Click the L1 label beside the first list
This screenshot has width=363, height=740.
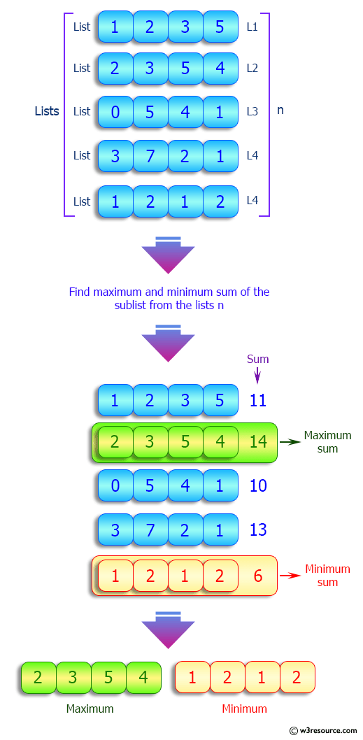point(252,27)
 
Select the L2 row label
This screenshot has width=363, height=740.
point(252,68)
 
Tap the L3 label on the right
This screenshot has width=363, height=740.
point(252,111)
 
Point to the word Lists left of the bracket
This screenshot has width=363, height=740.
point(47,111)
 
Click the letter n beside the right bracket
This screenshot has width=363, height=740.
point(280,111)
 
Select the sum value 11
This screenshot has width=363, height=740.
point(258,401)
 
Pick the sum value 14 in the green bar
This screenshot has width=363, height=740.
point(258,443)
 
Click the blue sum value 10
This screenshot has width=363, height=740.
point(258,485)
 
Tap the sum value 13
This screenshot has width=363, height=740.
point(258,529)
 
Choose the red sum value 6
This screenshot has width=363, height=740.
point(258,576)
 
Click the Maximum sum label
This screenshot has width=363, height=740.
point(327,442)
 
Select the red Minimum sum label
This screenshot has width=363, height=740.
point(327,576)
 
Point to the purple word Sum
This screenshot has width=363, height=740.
point(257,359)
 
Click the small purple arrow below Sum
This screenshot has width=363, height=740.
point(257,375)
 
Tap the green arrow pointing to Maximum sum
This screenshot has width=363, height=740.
point(289,442)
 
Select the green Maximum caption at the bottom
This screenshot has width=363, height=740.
point(90,709)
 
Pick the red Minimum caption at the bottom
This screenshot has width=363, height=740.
point(244,709)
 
